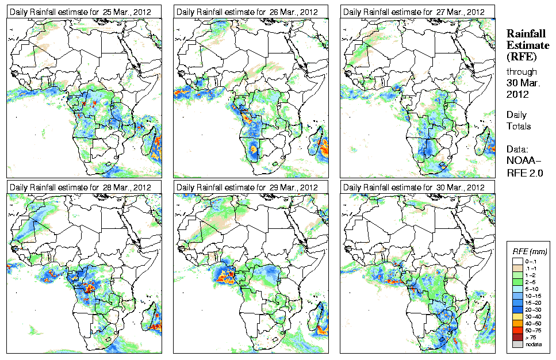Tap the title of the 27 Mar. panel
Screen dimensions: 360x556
point(413,12)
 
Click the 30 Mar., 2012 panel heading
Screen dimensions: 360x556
point(413,187)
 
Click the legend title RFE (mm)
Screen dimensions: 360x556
point(530,252)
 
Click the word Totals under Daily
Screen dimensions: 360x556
point(519,126)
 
